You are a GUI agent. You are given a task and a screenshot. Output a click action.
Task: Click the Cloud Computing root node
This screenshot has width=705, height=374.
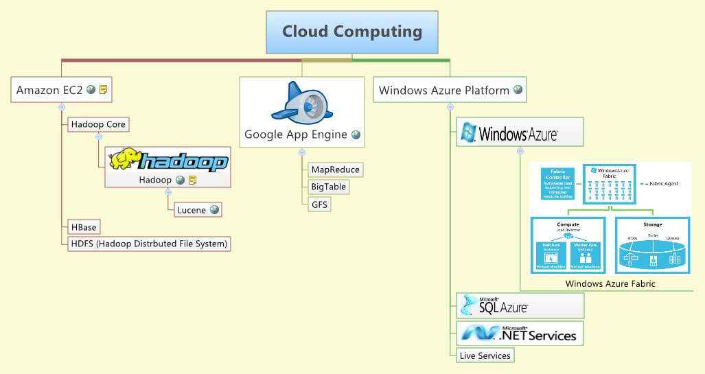(351, 32)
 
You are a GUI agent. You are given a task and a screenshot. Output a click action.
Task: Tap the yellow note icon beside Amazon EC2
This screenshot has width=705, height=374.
(103, 89)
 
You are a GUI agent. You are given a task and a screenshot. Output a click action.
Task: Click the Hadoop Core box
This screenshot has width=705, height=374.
(97, 124)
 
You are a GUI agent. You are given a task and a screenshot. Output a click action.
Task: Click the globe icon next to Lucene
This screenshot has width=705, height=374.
(215, 209)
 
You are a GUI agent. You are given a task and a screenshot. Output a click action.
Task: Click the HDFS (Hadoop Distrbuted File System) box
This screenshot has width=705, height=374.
(148, 243)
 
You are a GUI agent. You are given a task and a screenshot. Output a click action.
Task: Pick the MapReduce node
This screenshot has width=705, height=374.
(335, 170)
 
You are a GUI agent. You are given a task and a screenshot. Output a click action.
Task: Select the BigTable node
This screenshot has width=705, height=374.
(329, 187)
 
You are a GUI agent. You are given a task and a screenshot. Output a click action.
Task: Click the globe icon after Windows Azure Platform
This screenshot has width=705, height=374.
(518, 89)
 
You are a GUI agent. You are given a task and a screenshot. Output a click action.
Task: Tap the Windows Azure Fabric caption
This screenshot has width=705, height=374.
(610, 283)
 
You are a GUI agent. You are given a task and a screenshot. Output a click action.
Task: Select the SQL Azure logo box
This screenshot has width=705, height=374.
(520, 305)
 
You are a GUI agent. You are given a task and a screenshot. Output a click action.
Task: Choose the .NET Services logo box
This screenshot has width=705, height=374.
(520, 334)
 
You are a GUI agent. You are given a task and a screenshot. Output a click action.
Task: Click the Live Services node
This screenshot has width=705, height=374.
(485, 355)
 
